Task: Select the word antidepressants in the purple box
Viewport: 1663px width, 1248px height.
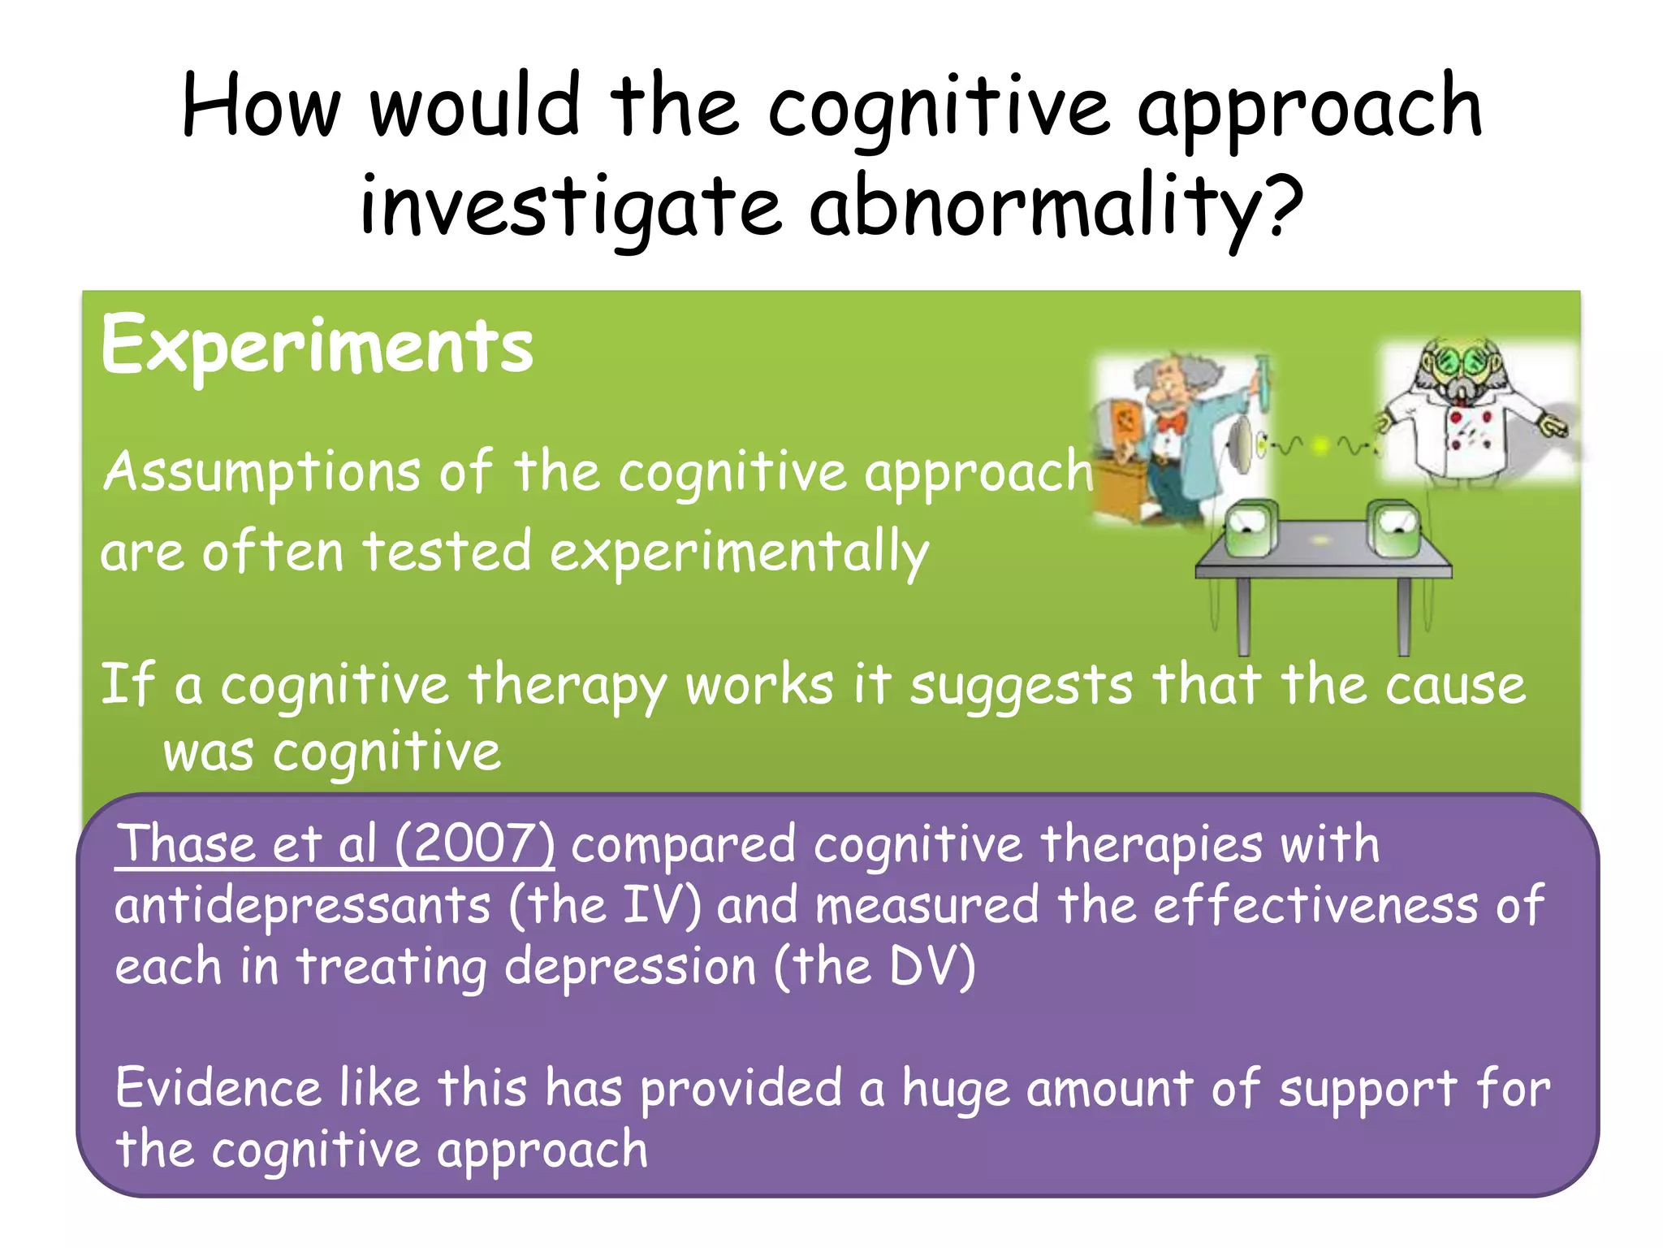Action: pos(302,905)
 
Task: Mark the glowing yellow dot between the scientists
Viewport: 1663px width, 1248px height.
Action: pos(1321,445)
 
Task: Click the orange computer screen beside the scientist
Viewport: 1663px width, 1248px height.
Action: pos(1125,422)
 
